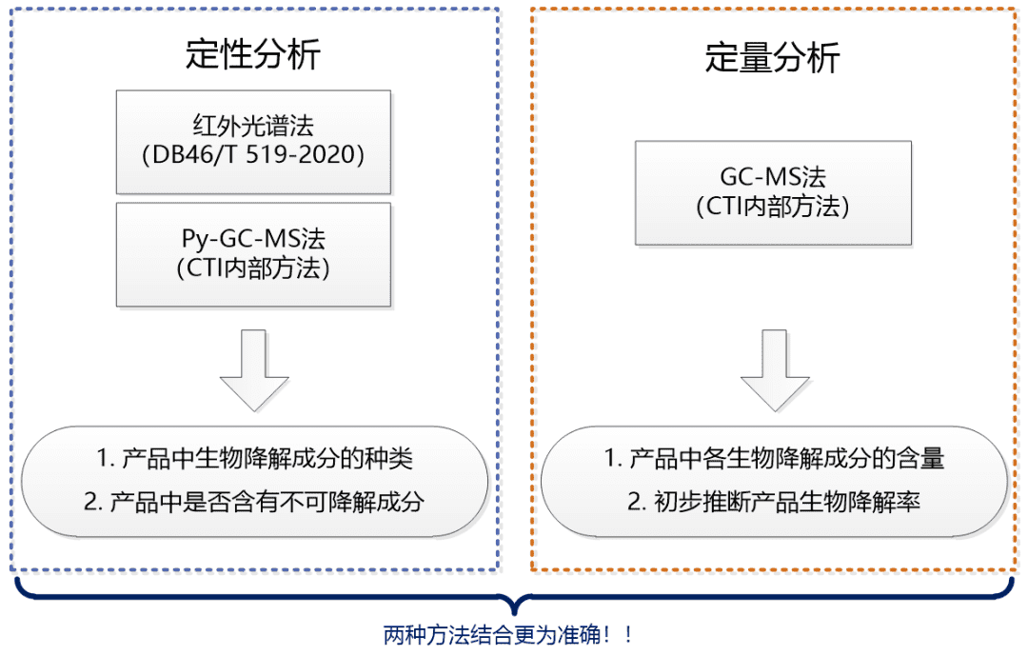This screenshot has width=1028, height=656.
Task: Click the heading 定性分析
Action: point(253,54)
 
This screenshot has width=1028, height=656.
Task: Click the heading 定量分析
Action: point(772,58)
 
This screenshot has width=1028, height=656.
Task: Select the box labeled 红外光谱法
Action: point(253,142)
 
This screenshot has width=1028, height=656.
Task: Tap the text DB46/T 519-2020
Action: point(253,155)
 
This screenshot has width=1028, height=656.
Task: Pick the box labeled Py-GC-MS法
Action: point(253,253)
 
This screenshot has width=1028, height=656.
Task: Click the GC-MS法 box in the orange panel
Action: point(773,192)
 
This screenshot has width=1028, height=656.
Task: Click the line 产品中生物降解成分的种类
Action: point(267,459)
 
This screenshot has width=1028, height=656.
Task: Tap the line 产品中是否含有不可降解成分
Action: point(267,502)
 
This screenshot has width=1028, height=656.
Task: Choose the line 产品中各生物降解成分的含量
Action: point(786,458)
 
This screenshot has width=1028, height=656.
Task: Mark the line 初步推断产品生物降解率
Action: point(786,501)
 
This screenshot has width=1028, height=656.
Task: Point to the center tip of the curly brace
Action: point(515,610)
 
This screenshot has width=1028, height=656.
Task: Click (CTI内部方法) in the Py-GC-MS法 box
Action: point(253,268)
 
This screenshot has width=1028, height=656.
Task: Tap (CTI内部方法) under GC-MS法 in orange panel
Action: point(773,207)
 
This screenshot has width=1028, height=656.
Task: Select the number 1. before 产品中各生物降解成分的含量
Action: point(612,458)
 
